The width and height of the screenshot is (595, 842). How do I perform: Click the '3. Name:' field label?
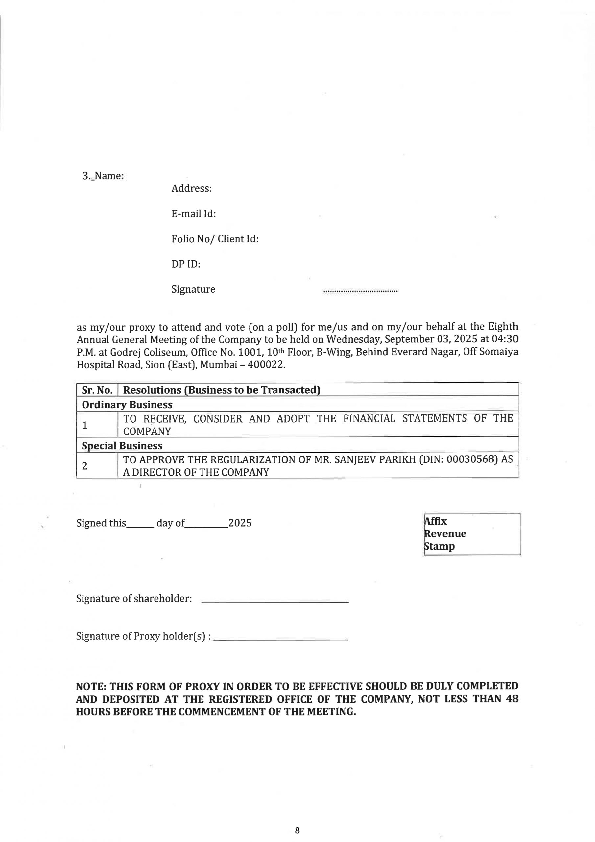[103, 176]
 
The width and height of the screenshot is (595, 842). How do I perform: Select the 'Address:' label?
[191, 188]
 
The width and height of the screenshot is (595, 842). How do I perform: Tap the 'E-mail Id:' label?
[194, 214]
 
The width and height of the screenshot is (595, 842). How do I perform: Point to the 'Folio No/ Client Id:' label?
[215, 239]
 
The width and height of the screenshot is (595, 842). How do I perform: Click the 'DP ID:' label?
[186, 264]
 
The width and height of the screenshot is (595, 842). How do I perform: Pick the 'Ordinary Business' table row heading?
[127, 405]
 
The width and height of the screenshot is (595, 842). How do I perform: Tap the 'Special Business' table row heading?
[122, 446]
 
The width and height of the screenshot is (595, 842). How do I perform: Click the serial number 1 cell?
[85, 425]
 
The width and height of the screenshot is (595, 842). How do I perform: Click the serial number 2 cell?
[85, 466]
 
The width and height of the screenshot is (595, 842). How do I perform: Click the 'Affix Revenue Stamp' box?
[472, 533]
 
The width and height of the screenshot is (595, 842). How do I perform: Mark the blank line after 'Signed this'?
[140, 526]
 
